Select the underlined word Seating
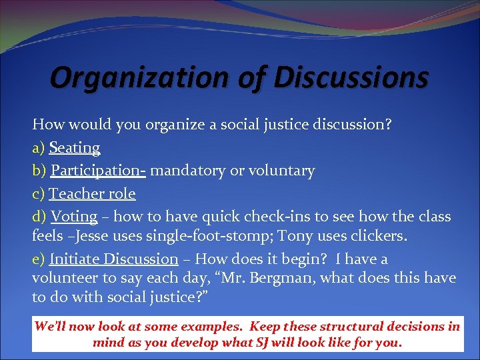[75, 147]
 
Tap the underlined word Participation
[97, 171]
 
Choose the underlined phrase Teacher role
[92, 194]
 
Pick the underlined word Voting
[74, 217]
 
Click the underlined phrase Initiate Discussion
[113, 259]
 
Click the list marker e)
[39, 259]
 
